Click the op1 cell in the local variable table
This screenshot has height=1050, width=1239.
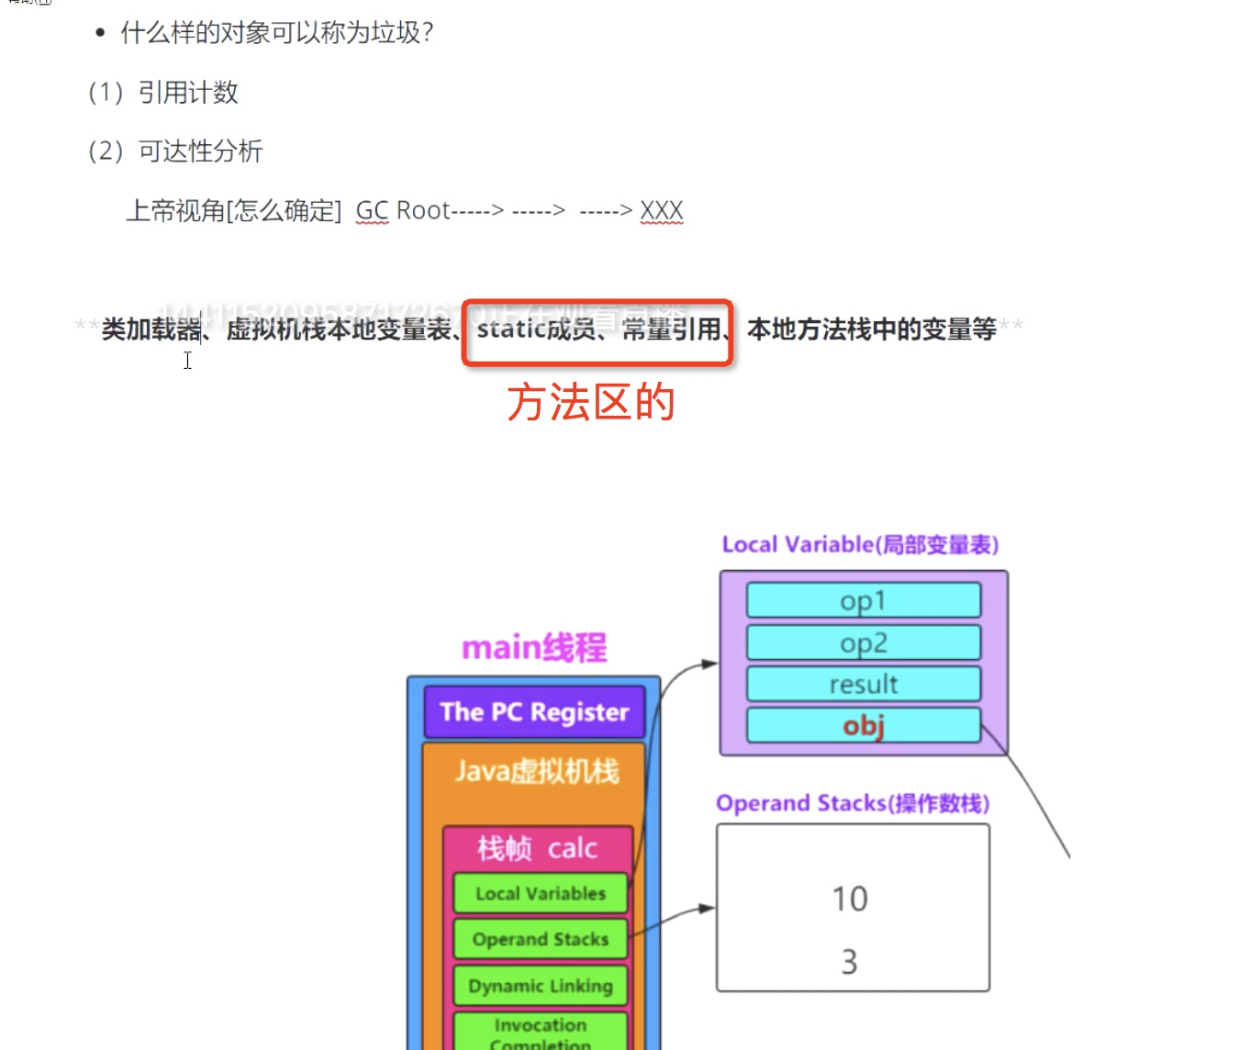coord(864,600)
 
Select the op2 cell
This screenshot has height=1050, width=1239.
coord(864,642)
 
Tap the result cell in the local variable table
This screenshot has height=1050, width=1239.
coord(864,684)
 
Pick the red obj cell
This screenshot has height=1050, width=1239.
coord(864,725)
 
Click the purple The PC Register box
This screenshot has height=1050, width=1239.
coord(534,712)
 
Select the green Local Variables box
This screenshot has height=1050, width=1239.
coord(541,893)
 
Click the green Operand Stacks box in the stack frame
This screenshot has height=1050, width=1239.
coord(541,939)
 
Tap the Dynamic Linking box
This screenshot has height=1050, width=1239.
coord(541,986)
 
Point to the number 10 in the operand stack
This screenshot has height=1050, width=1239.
coord(850,899)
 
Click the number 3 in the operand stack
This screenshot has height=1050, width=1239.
coord(850,962)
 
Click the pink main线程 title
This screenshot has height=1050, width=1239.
coord(534,648)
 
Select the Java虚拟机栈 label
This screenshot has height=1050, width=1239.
coord(537,771)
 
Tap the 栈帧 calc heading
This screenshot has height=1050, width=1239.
coord(537,848)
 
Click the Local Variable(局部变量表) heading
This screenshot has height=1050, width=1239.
coord(860,544)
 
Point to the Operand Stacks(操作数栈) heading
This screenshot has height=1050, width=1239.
coord(853,803)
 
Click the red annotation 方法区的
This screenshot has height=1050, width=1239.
coord(591,402)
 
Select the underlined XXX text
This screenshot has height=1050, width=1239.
coord(662,210)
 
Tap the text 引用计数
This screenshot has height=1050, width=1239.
coord(188,92)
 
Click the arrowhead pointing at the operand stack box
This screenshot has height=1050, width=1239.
coord(708,908)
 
